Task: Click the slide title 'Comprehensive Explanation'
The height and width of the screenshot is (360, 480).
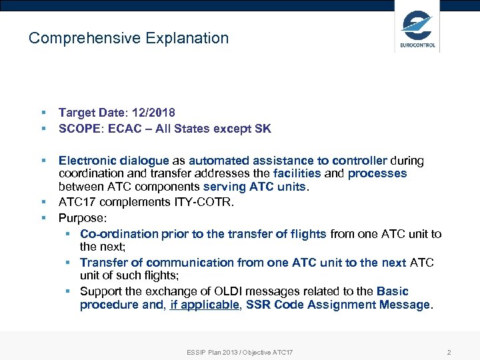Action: click(x=129, y=39)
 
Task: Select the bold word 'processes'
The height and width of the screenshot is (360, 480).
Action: click(x=377, y=173)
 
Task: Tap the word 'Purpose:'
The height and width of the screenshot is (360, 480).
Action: click(x=82, y=218)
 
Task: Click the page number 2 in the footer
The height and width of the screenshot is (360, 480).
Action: click(x=449, y=351)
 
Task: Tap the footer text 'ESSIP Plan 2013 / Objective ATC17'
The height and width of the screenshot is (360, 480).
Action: click(x=240, y=351)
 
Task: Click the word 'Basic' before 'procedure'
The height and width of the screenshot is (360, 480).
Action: click(x=393, y=291)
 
